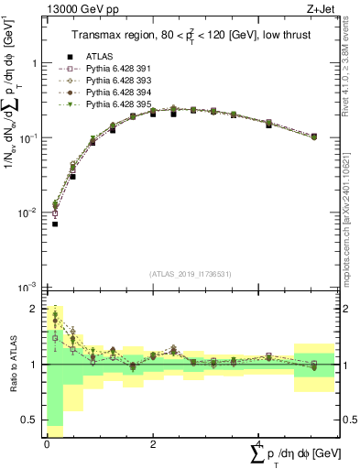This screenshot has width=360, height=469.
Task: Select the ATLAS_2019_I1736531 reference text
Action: pos(191,274)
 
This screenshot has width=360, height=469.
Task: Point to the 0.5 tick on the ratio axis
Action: pos(31,420)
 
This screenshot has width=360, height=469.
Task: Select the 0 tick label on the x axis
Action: pos(46,442)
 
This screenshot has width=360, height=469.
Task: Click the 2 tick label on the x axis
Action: pos(152,442)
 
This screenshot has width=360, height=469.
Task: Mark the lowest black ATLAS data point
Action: pos(55,224)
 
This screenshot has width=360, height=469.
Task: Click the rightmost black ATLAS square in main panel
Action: pos(314,137)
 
